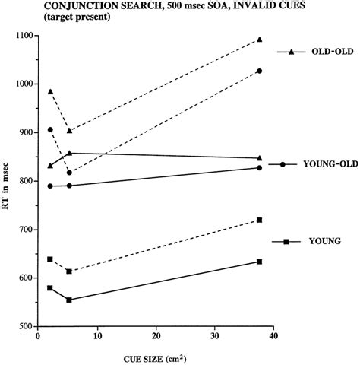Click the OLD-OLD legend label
(x=331, y=52)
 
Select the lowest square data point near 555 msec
(x=69, y=300)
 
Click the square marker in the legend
(x=286, y=241)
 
